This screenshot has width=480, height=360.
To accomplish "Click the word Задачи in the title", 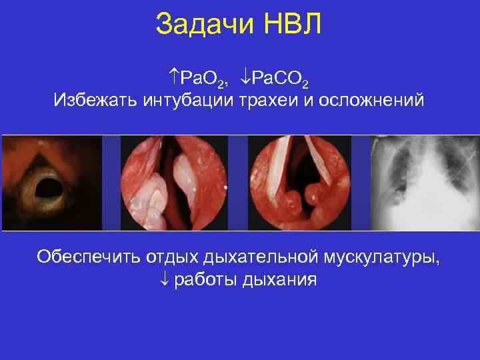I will pyautogui.click(x=203, y=25).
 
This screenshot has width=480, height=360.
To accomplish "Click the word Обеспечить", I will pyautogui.click(x=83, y=257).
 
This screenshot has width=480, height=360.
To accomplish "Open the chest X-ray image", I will pyautogui.click(x=425, y=183).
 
